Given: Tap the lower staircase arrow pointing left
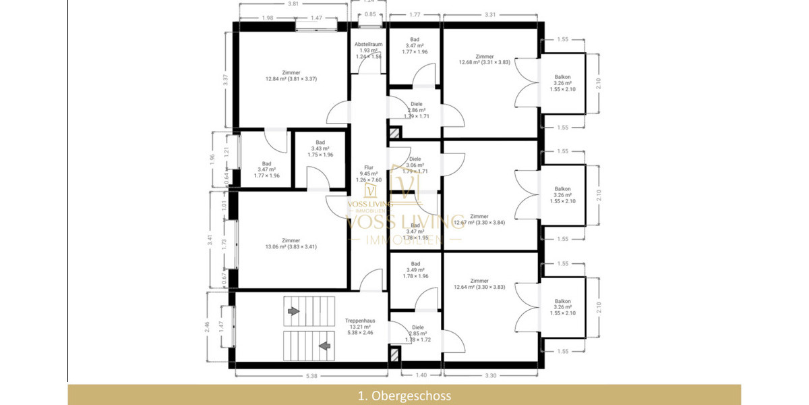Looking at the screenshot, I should tap(324, 346).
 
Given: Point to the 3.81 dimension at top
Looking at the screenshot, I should tap(293, 4).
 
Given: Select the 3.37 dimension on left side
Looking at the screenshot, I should tap(226, 78).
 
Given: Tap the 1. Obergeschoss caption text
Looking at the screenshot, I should tap(404, 396).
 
